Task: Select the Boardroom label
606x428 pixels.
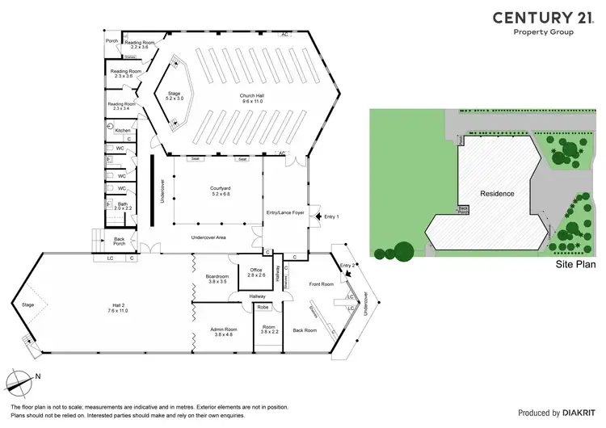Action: click(216, 279)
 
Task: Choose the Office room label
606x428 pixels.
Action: click(255, 272)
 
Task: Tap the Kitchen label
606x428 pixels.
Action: click(122, 130)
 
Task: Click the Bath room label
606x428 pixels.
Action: click(123, 205)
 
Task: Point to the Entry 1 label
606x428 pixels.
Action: click(332, 217)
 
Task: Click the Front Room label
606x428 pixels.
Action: click(322, 284)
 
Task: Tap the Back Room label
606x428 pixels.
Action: click(305, 330)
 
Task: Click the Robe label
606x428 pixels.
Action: click(263, 308)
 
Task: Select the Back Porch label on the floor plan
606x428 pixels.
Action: click(119, 241)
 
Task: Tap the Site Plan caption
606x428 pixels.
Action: click(576, 264)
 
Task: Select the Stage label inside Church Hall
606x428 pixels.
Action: click(175, 94)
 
